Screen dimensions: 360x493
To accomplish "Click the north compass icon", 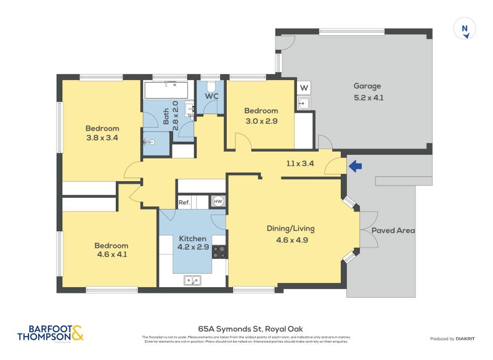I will coord(465,29).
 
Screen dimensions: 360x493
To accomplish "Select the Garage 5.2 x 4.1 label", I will coord(367,92).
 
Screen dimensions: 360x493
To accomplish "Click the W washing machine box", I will coord(304,88).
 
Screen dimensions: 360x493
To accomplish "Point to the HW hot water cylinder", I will coord(218,201).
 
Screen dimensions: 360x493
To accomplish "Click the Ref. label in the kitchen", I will coord(184,202).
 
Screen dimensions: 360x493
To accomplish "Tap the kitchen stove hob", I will coord(219,252).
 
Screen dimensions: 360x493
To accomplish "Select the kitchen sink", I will coord(192,280).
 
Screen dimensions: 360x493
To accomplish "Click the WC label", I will coord(212,96).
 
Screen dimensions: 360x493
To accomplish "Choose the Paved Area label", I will coord(393,231).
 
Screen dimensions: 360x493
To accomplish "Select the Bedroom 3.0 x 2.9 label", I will coord(261,116).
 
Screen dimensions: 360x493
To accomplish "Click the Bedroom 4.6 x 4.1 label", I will coord(111,250).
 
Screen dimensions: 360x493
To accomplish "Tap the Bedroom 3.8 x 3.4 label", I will coord(102,133).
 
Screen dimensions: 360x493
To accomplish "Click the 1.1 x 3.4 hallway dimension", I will coord(300,163).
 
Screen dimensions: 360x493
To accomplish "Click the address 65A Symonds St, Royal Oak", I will coord(246,329).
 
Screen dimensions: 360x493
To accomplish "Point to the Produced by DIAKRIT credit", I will coord(455,338).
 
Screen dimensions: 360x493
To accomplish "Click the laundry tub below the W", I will coord(303,103).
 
